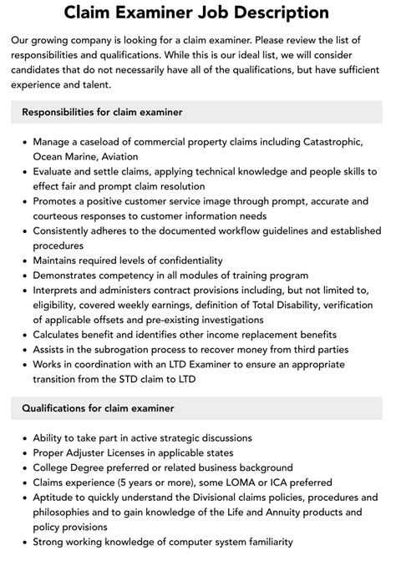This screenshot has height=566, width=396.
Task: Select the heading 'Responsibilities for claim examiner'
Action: pos(102,112)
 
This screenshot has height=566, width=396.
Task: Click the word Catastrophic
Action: pos(326,143)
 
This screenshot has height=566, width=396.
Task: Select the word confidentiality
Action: pos(180,260)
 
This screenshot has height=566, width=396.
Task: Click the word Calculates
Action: pos(60,335)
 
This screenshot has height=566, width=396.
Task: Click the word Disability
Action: pos(314,305)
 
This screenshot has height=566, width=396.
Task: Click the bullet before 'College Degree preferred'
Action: pos(23,468)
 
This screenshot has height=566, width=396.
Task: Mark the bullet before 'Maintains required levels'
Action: pos(23,260)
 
